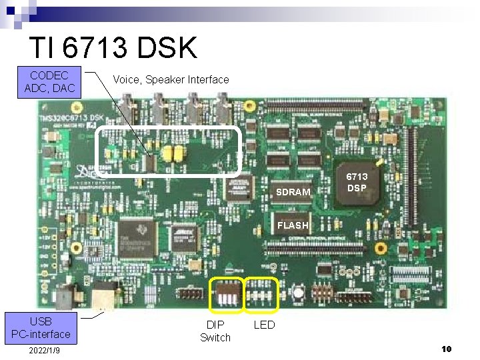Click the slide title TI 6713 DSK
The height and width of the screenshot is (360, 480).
(113, 48)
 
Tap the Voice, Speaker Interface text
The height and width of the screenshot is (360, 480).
(171, 80)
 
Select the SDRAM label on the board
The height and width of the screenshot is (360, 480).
(293, 192)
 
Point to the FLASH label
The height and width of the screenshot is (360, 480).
(293, 225)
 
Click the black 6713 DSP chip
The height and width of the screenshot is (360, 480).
(357, 182)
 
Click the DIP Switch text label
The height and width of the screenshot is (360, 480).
(215, 331)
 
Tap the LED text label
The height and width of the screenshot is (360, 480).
(264, 325)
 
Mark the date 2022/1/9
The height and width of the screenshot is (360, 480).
(45, 351)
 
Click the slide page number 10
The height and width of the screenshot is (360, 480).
(447, 349)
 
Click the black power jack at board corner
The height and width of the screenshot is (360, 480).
(65, 297)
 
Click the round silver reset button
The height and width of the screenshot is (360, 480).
(299, 293)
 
